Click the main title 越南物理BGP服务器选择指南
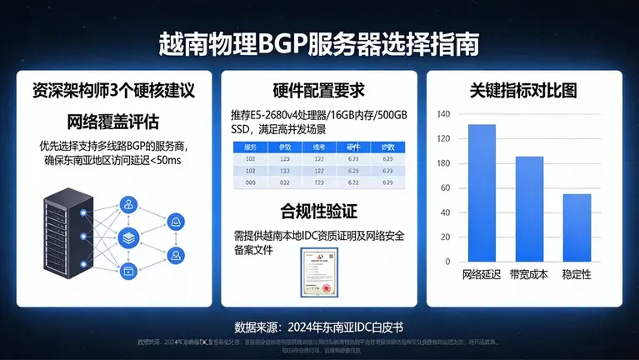tap(319, 43)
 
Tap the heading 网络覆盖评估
tap(113, 118)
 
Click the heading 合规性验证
tap(318, 208)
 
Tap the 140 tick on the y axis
tap(442, 114)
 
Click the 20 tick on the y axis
tap(445, 261)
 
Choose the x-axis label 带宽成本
tap(529, 274)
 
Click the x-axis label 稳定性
tap(577, 274)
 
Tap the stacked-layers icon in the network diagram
tap(128, 237)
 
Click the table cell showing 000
tap(250, 182)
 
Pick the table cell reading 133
tap(285, 170)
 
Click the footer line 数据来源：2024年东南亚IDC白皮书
tap(319, 325)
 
